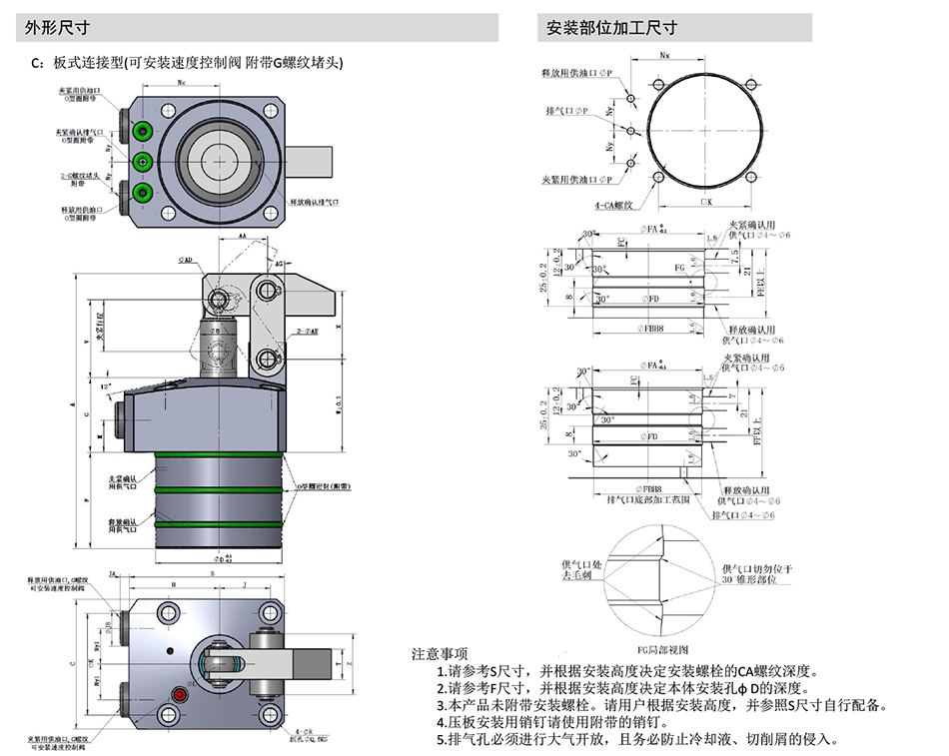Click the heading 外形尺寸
click(x=52, y=28)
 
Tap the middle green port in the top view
click(x=143, y=161)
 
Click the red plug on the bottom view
click(x=181, y=692)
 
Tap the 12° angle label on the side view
click(x=106, y=385)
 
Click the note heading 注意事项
click(x=440, y=654)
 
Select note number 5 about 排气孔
click(x=639, y=739)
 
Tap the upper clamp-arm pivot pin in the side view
click(x=265, y=291)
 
